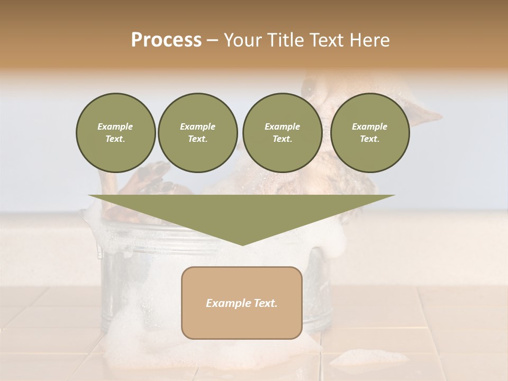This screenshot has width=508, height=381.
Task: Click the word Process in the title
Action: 166,40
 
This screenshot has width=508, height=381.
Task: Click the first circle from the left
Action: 115,133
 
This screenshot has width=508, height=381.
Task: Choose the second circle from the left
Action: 197,133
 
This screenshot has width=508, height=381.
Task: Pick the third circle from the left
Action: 282,133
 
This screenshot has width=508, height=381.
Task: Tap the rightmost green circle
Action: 369,133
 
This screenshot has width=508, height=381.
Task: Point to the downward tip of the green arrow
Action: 242,244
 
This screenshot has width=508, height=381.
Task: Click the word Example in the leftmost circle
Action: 115,126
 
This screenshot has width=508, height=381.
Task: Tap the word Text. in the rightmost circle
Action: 369,139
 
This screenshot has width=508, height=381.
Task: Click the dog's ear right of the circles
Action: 425,112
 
